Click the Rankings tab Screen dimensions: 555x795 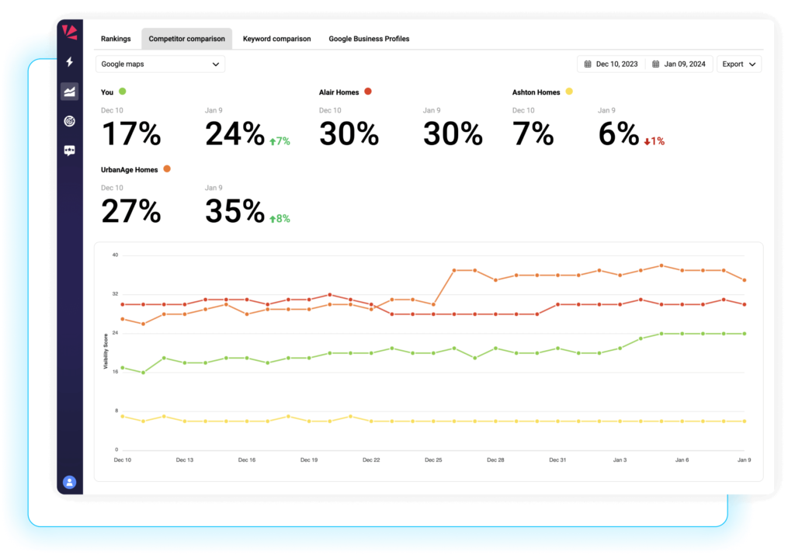pos(116,39)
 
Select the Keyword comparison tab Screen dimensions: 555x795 pos(276,39)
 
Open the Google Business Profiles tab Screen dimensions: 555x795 pos(369,39)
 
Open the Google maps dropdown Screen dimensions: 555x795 pos(161,64)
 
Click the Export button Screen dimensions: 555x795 pos(738,64)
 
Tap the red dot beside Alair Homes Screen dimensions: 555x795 pos(368,92)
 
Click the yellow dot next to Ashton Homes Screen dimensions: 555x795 pos(569,92)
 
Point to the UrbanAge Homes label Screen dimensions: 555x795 pos(130,169)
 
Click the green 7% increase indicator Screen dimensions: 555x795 pos(279,141)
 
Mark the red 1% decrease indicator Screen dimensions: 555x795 pos(654,141)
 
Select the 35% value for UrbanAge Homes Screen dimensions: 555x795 pos(234,211)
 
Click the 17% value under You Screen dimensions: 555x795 pos(131,134)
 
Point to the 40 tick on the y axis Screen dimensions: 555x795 pos(114,255)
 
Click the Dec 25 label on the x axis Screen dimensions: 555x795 pos(433,460)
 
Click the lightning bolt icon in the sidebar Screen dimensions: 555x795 pos(70,62)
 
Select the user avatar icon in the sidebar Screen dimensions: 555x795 pos(69,482)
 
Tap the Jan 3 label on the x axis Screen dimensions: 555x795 pos(620,460)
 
